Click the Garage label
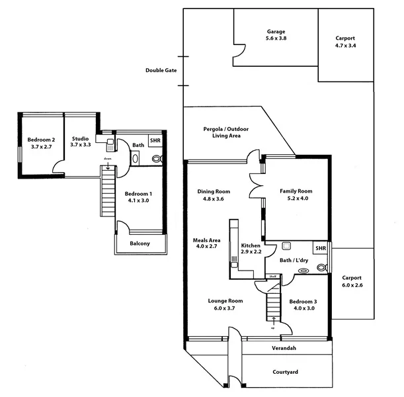(x=276, y=32)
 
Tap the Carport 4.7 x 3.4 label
(x=345, y=38)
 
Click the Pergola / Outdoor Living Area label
(x=222, y=132)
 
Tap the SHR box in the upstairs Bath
(x=155, y=141)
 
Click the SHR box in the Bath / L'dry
(x=320, y=248)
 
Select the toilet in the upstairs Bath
(x=157, y=159)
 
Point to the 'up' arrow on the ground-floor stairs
(x=273, y=322)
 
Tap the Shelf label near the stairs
(x=272, y=276)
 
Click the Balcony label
(x=140, y=243)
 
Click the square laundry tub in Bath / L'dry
(x=286, y=245)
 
